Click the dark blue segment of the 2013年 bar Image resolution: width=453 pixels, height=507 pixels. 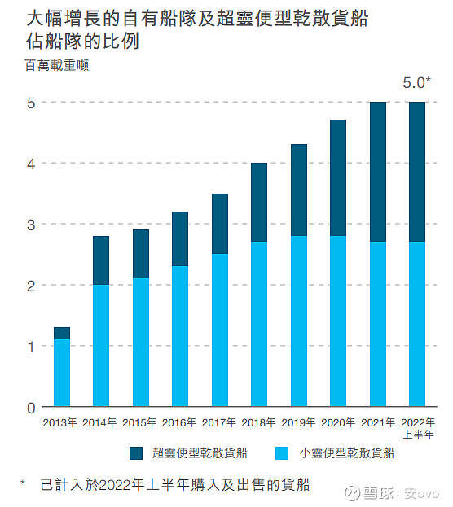pyautogui.click(x=62, y=333)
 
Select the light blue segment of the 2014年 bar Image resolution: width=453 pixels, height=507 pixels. pyautogui.click(x=101, y=346)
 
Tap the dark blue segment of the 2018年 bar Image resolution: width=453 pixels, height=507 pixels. pyautogui.click(x=259, y=202)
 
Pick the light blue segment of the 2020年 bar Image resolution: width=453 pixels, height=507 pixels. pyautogui.click(x=338, y=321)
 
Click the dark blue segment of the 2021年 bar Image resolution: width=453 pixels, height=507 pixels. pyautogui.click(x=377, y=172)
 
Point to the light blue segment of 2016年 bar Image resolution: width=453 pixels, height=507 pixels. pyautogui.click(x=180, y=336)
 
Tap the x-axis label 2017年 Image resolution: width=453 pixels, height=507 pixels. pyautogui.click(x=219, y=422)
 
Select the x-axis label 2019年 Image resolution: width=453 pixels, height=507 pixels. pyautogui.click(x=298, y=422)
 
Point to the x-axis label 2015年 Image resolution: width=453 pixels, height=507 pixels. pyautogui.click(x=140, y=422)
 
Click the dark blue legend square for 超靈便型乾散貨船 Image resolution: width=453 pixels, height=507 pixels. pyautogui.click(x=136, y=452)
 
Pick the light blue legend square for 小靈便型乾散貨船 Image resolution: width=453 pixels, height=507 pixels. pyautogui.click(x=283, y=452)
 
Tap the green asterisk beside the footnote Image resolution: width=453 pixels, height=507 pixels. pyautogui.click(x=23, y=484)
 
